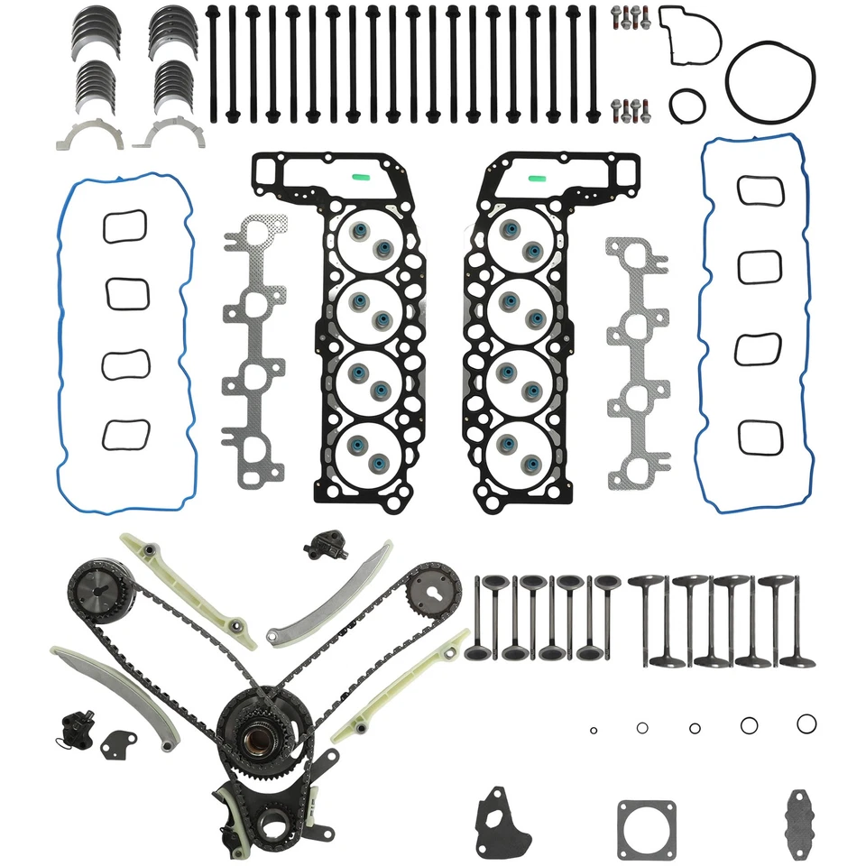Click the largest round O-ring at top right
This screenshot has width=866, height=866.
769,51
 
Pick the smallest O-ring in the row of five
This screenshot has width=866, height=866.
593,730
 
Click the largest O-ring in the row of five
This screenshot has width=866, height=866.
806,723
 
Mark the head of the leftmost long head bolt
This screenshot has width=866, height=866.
213,13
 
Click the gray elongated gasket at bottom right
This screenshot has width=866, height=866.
800,816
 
